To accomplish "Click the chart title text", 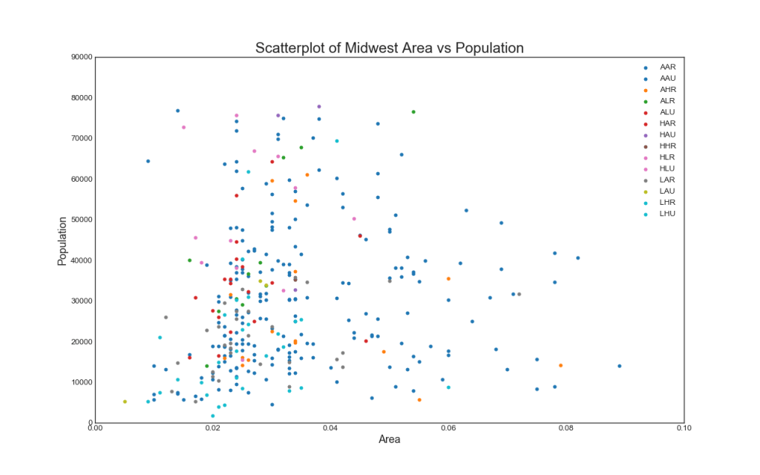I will pos(390,48).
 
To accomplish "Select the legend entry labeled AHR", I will pos(667,89).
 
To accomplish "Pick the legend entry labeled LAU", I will pos(667,191).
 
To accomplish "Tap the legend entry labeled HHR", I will pos(667,145).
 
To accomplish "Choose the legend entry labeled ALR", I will pos(667,100).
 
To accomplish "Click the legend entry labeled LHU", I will pos(667,214).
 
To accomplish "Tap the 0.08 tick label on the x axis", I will pos(566,428).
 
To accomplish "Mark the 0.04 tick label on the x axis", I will pos(330,428).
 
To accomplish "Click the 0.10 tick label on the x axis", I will pos(684,428).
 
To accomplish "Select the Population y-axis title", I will pos(63,240).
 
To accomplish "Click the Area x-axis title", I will pos(390,439).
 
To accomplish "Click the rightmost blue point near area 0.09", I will pos(620,366).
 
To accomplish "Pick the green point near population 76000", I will pos(413,112).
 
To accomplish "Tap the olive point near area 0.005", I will pos(125,402).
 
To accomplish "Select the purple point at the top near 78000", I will pos(319,107).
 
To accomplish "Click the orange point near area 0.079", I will pos(560,365).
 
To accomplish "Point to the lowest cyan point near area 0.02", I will pos(213,416).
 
